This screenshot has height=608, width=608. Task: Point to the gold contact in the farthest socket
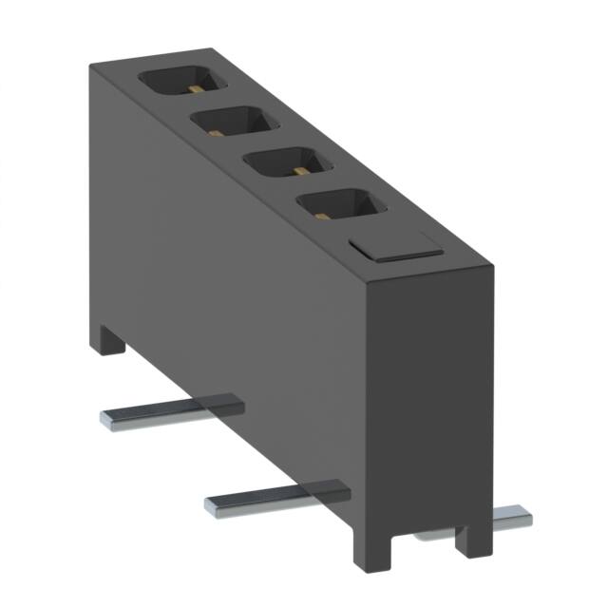click(x=192, y=88)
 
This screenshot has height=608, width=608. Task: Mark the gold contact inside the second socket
click(x=245, y=129)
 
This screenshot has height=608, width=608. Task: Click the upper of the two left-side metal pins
click(x=171, y=410)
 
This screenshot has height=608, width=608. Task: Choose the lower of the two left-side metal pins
click(x=275, y=498)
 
